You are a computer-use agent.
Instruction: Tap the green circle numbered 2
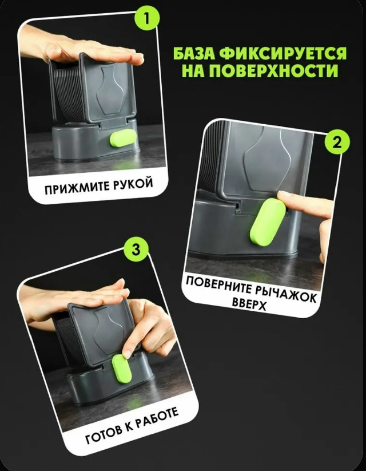(x=337, y=142)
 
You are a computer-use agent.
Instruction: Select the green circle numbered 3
(x=136, y=250)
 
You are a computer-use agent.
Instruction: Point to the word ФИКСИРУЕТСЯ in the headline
(x=283, y=53)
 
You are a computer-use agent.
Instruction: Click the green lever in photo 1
(x=123, y=138)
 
